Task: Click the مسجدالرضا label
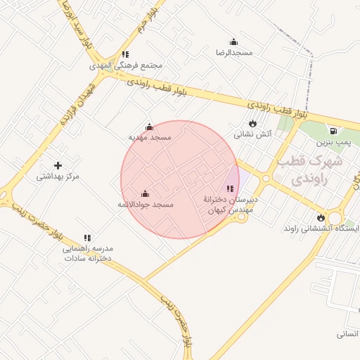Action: [x=234, y=53]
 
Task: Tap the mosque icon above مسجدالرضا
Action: [x=234, y=41]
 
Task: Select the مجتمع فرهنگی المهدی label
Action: [x=126, y=65]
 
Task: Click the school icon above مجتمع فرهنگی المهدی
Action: [x=125, y=54]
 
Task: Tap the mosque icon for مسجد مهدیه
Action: [x=149, y=127]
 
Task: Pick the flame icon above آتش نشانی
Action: [x=252, y=123]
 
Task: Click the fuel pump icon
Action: [x=333, y=131]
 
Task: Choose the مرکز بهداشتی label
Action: [x=58, y=176]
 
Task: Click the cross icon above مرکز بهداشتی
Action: [x=58, y=165]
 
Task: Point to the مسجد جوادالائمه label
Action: [x=146, y=205]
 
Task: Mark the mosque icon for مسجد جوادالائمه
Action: [x=146, y=193]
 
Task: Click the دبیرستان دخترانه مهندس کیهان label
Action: [x=231, y=205]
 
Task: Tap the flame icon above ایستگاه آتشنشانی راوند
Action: [x=321, y=217]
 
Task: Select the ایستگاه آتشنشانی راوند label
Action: [x=321, y=229]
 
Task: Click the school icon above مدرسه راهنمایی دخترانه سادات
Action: [x=87, y=238]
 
